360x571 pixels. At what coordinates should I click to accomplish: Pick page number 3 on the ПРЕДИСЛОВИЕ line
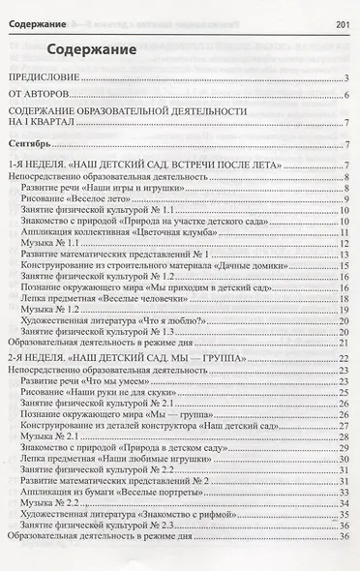[345, 78]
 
